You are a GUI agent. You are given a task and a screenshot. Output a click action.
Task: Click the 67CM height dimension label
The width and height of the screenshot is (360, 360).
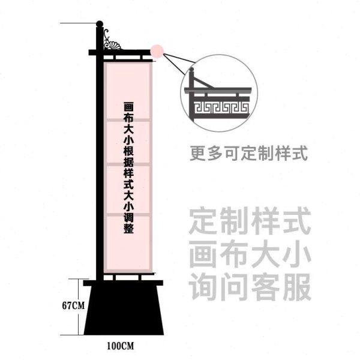coord(73,305)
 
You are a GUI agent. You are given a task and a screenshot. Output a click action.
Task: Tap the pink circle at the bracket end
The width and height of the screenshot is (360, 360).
coord(157,52)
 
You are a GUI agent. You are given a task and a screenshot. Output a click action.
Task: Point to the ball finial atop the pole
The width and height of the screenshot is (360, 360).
coord(100,25)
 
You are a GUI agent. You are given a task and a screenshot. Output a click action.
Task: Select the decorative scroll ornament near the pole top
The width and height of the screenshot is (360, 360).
coord(112,42)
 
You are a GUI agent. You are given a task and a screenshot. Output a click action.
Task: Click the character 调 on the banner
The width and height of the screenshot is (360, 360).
coord(128,217)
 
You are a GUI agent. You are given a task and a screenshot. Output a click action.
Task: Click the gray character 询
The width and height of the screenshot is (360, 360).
coord(203,287)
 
